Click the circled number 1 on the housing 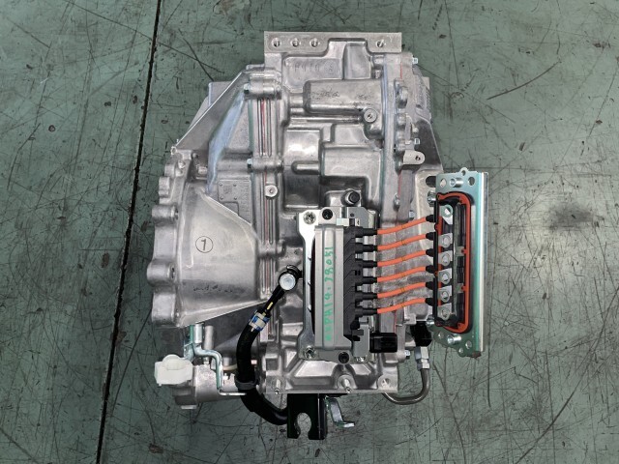(204, 242)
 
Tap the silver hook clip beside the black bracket (336, 411)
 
